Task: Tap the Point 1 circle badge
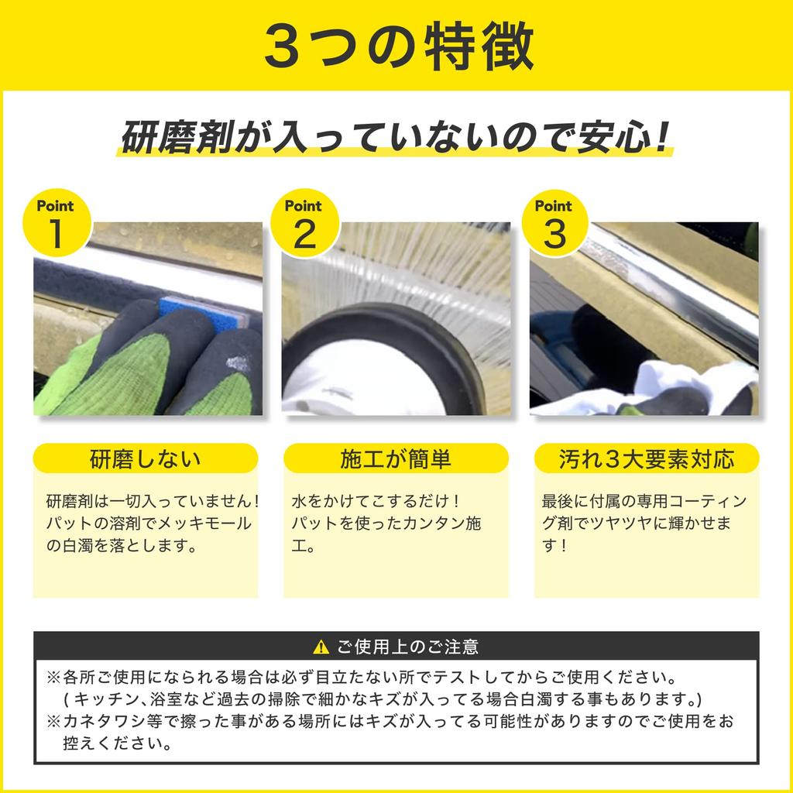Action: coord(56,225)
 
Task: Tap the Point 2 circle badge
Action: coord(304,225)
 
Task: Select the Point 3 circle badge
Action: coord(554,225)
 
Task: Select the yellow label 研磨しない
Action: coord(145,458)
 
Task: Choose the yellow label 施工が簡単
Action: coord(396,458)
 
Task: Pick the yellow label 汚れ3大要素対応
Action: coord(647,458)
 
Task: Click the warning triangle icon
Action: coord(321,647)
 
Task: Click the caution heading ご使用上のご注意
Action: coord(407,647)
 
